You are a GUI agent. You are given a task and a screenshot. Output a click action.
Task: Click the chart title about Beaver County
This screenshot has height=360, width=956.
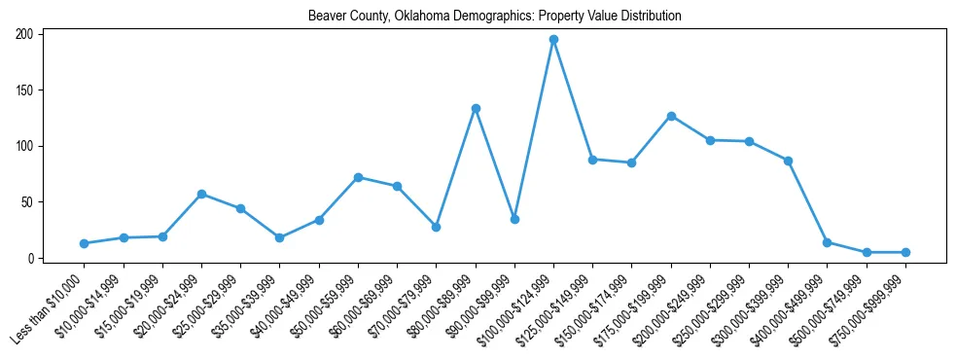[x=494, y=17]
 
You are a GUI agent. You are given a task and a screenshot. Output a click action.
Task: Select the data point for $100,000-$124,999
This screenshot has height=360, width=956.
[x=553, y=40]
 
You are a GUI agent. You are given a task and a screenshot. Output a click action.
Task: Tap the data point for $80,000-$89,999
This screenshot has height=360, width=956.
[x=476, y=108]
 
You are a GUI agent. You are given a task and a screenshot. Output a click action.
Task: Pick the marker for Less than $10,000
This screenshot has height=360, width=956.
[x=85, y=243]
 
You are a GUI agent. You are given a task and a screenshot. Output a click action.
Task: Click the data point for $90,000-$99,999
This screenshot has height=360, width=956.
[x=514, y=219]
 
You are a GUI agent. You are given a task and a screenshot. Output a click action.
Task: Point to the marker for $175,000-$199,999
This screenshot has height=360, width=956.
[x=671, y=116]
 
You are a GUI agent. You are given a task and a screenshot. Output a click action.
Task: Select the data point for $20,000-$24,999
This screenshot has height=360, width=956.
[x=201, y=194]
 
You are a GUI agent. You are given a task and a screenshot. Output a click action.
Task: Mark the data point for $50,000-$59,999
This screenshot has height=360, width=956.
[x=358, y=177]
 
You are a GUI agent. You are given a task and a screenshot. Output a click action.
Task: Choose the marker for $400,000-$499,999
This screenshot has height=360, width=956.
[x=827, y=242]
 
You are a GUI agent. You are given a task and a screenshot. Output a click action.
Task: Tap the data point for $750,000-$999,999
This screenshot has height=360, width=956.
[x=905, y=252]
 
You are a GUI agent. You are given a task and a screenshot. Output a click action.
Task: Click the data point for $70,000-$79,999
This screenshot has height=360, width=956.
[x=437, y=227]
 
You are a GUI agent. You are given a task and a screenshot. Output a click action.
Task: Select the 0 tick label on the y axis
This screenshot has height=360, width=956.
[x=31, y=258]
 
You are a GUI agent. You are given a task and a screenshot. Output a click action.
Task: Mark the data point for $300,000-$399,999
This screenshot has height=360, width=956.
[x=788, y=161]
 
